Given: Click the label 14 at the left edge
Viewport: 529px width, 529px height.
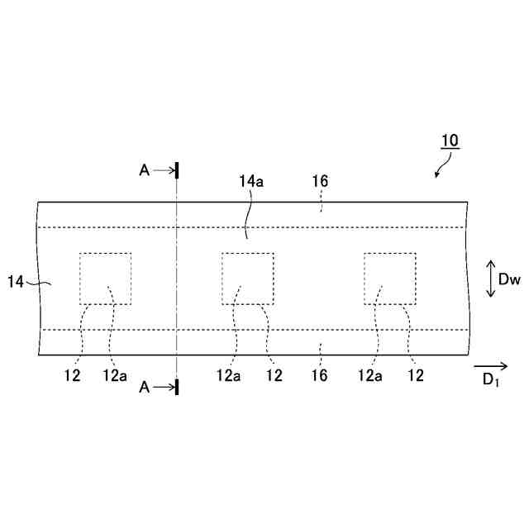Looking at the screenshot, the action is pos(16,282).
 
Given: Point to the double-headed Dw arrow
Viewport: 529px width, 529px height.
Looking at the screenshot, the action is pos(489,279).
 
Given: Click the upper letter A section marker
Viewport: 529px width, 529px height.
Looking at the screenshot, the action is pos(145,170).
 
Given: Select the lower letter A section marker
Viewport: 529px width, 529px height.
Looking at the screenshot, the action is pos(145,386).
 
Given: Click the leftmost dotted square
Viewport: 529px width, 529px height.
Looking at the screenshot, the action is pos(105,279).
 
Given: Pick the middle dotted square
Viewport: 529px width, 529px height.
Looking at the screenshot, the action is pos(247,279).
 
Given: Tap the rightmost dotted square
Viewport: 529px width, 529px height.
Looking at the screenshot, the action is pos(389,279).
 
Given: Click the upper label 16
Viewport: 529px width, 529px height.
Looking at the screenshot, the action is pos(321,181).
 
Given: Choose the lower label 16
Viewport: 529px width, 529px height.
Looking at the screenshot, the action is pos(320,374).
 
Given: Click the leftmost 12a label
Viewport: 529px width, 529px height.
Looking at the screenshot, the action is pos(114,374).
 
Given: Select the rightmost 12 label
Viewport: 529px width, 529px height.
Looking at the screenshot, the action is pos(416,374).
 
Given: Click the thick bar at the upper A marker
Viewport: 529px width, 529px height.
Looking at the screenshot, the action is pos(177,170).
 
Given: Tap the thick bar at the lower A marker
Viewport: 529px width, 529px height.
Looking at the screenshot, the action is pos(177,386).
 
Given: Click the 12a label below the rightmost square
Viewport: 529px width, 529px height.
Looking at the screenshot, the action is pos(369,374).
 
